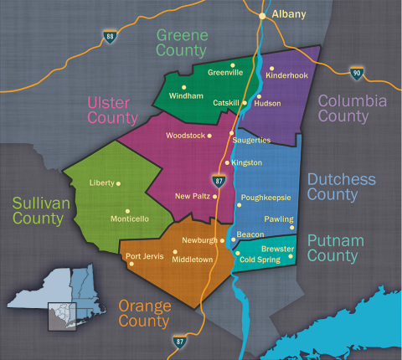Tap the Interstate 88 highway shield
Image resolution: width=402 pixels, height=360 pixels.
(111, 37)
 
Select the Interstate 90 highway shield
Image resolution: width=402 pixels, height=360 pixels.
(357, 74)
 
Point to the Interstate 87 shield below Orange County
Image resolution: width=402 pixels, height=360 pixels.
(179, 342)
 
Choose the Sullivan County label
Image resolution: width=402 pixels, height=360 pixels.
(38, 211)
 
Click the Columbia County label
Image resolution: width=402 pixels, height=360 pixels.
(352, 108)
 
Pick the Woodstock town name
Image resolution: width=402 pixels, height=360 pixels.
(184, 135)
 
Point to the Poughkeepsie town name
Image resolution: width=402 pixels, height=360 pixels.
(265, 198)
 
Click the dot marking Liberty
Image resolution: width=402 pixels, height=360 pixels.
(118, 183)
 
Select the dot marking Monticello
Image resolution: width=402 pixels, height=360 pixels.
(127, 211)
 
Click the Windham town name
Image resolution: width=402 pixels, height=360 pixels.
(186, 96)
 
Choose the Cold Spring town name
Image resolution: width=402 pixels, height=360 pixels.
(259, 260)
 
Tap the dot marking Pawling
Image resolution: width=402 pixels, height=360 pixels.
(291, 228)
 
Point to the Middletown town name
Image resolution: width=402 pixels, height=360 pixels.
(193, 260)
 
